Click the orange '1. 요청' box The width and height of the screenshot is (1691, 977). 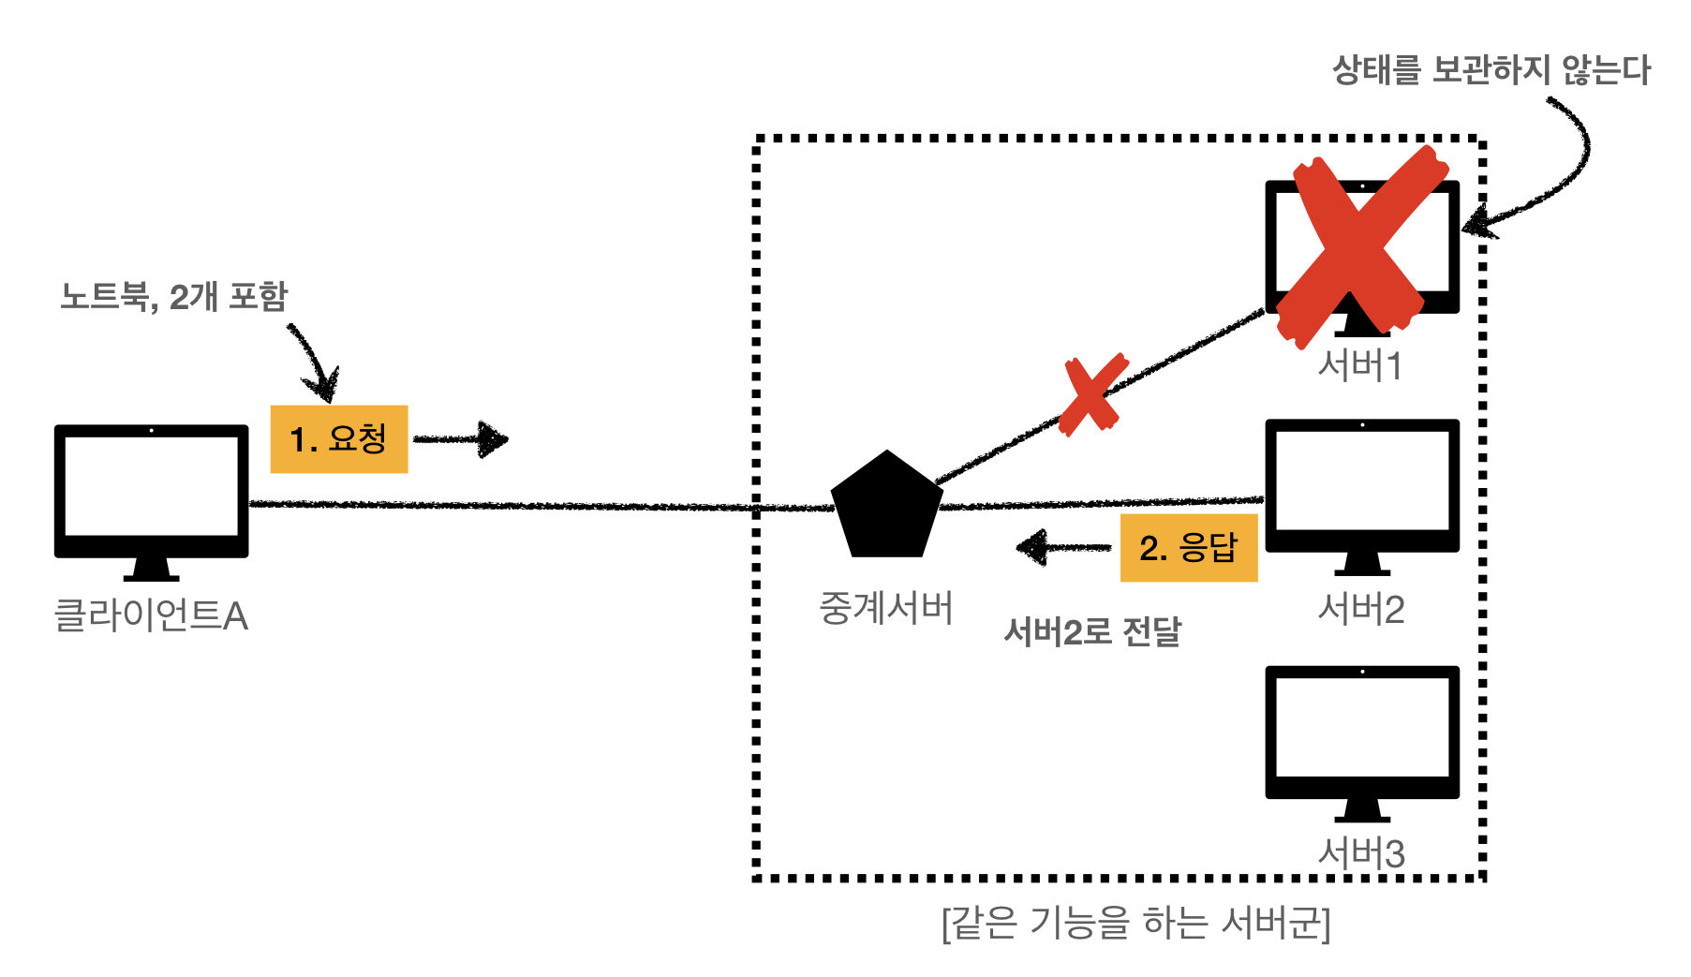pos(338,438)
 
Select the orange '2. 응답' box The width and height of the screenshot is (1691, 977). pos(1188,547)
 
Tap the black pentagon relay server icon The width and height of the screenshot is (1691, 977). pos(886,507)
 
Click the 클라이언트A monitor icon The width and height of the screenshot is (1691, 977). pos(151,496)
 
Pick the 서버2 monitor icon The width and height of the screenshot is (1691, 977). pos(1361,491)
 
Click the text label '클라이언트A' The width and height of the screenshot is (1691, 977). pos(151,615)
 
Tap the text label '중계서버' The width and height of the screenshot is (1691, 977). pos(885,608)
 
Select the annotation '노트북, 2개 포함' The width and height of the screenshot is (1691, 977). pos(173,296)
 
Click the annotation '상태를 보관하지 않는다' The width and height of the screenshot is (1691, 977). pos(1491,70)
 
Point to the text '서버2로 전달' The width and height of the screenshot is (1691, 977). pos(1091,632)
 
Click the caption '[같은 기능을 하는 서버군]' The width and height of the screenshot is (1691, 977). pos(1135,923)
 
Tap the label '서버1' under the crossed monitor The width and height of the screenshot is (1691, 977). pos(1359,366)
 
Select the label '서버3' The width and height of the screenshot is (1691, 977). pos(1360,853)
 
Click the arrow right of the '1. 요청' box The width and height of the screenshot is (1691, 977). pos(461,438)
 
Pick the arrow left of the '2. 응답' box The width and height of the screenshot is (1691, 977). pos(1062,547)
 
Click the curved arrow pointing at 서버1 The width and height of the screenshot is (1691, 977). pos(1555,178)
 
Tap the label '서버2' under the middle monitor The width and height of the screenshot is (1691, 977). pos(1360,610)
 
